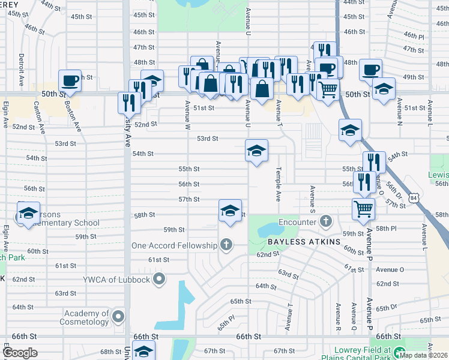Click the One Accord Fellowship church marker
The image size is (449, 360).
226,244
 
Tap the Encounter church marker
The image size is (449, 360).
325,221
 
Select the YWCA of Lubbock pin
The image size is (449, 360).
158,278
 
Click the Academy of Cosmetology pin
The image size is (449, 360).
119,316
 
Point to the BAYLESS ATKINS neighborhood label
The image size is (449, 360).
304,241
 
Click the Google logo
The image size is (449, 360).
20,353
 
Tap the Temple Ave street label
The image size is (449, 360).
278,184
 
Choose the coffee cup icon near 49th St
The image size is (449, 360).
371,70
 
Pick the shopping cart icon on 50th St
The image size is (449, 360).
328,90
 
